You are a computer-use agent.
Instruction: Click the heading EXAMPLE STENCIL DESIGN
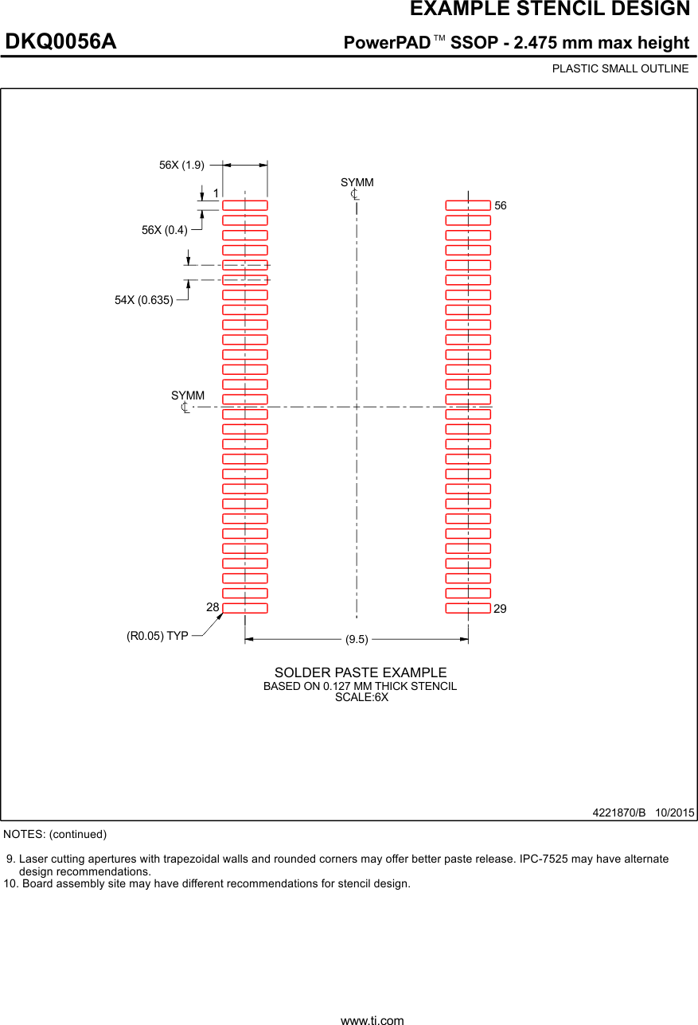(549, 10)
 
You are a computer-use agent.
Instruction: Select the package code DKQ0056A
(61, 42)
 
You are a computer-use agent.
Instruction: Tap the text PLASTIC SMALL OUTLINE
(620, 68)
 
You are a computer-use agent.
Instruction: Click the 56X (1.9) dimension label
(181, 165)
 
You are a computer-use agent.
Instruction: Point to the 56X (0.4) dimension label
(165, 230)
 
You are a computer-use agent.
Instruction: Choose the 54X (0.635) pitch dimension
(144, 300)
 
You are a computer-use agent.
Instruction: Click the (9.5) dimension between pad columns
(357, 639)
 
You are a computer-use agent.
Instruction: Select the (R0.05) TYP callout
(158, 636)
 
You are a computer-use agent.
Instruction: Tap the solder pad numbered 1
(244, 205)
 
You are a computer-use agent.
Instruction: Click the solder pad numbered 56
(468, 205)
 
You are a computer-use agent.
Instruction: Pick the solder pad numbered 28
(244, 609)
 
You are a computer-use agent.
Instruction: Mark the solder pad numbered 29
(468, 609)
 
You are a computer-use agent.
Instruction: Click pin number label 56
(500, 205)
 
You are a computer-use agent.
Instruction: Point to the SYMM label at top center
(357, 183)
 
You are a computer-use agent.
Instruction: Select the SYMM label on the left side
(188, 396)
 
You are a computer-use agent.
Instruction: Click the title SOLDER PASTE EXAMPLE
(361, 673)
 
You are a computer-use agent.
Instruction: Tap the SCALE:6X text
(361, 697)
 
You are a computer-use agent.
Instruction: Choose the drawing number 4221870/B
(618, 813)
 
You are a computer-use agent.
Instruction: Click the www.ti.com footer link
(372, 1019)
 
